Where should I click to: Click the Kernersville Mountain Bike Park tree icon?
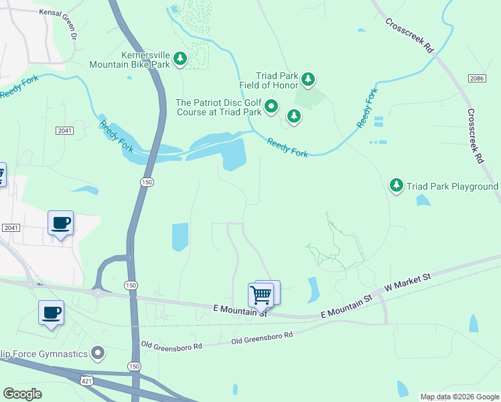click(x=180, y=60)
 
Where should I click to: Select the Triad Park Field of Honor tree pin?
click(x=308, y=80)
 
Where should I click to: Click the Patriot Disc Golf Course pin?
click(x=271, y=107)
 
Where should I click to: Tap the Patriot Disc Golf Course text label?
click(x=218, y=107)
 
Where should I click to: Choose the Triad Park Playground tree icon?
click(x=397, y=185)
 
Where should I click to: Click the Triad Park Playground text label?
click(x=453, y=186)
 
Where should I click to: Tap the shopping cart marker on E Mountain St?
click(x=261, y=295)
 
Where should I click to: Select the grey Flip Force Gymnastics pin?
click(x=98, y=352)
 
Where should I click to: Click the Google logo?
click(x=22, y=393)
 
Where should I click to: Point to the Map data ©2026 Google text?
click(x=459, y=397)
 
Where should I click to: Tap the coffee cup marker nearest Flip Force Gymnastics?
click(x=51, y=313)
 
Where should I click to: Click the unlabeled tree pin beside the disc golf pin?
click(x=293, y=117)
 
